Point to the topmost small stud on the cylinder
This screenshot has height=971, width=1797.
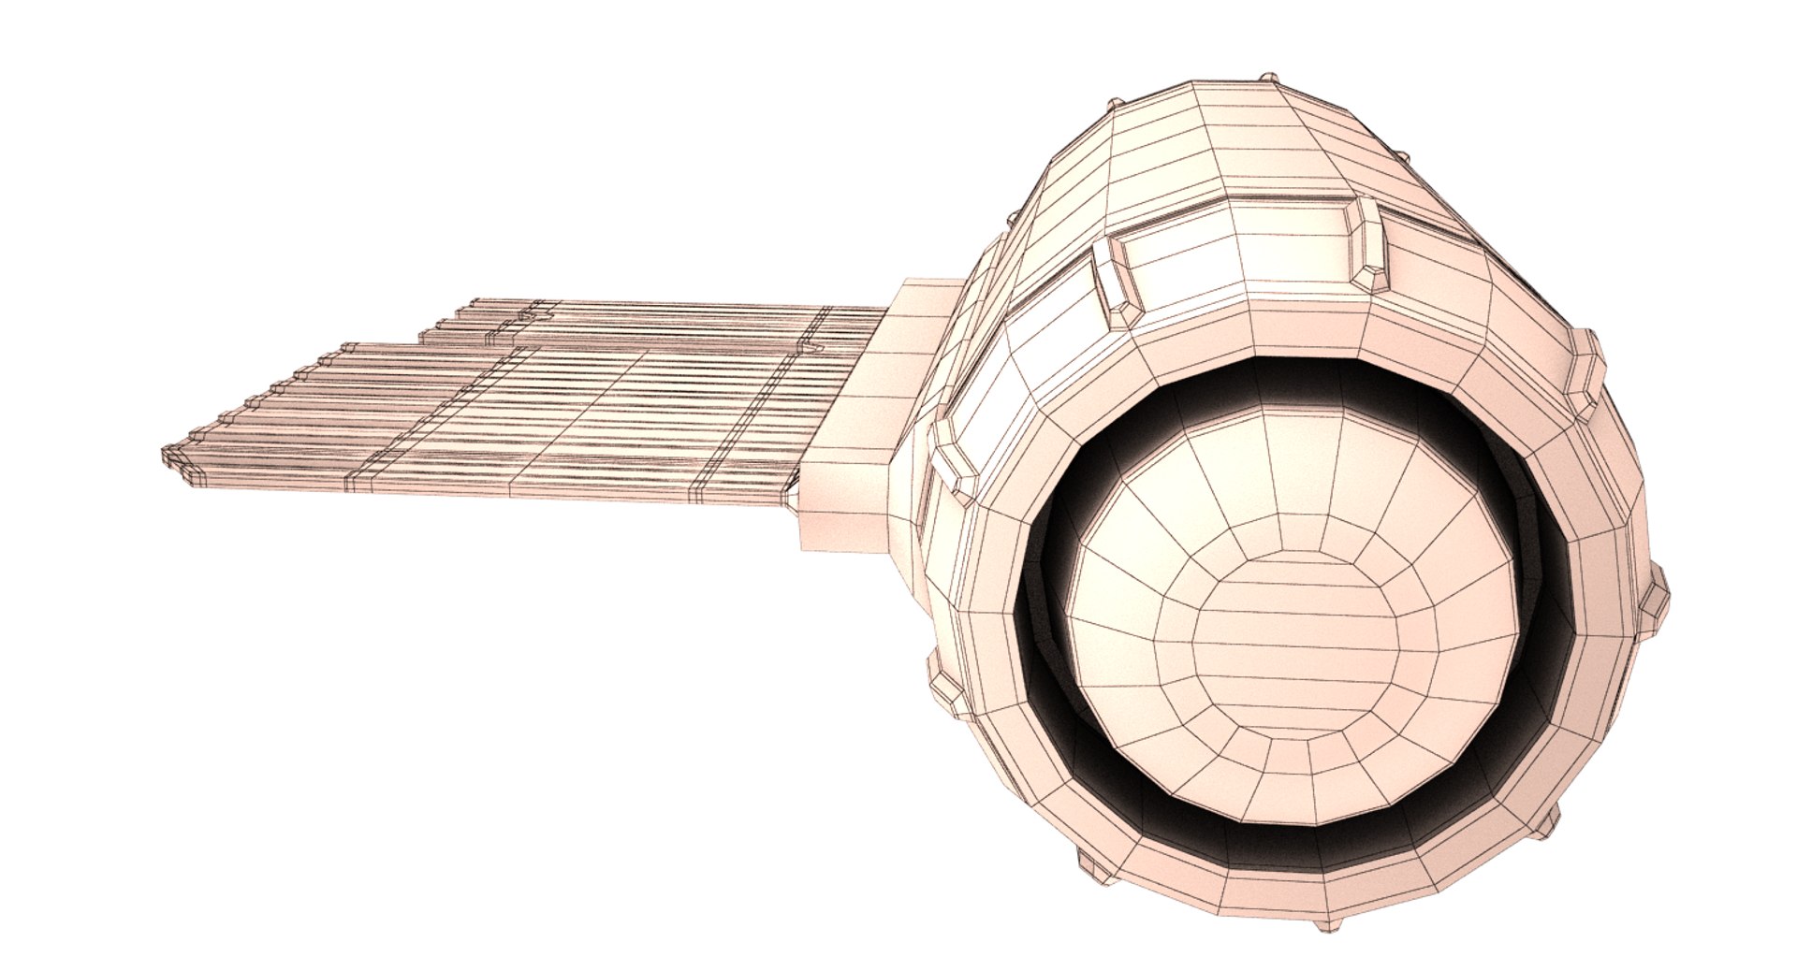tap(1268, 79)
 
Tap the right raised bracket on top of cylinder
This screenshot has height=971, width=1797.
tap(1366, 242)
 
